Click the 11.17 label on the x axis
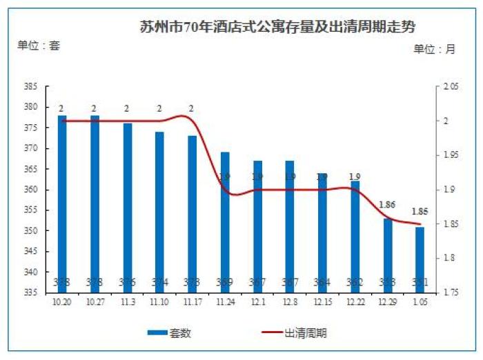click(193, 302)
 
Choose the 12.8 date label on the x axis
click(290, 302)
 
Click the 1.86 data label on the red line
click(388, 205)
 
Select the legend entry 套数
click(169, 333)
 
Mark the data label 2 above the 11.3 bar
click(127, 108)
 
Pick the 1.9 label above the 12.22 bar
click(355, 177)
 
